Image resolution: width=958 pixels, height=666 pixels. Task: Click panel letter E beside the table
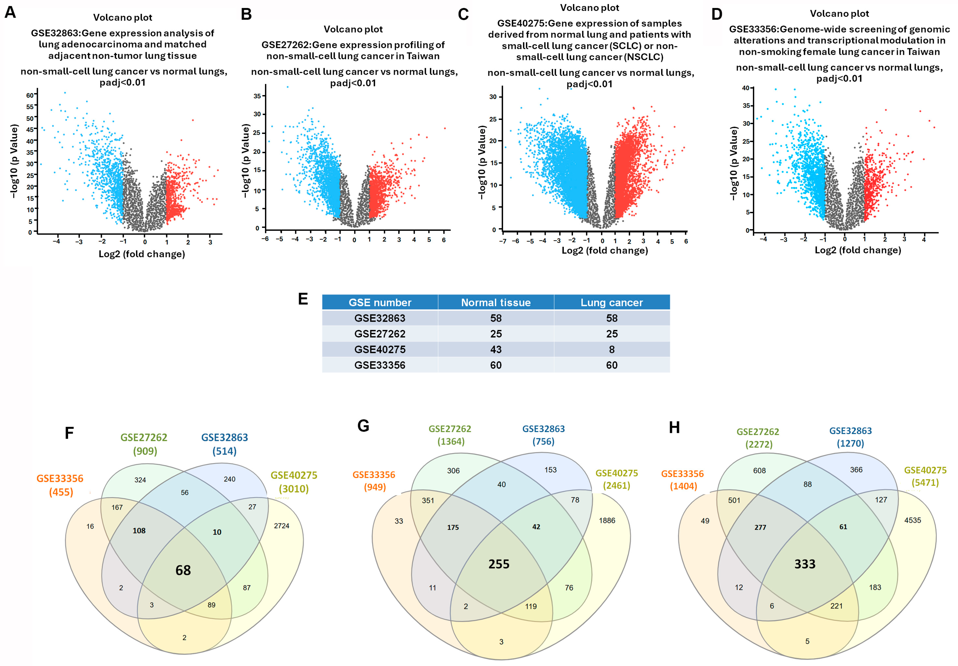pyautogui.click(x=303, y=299)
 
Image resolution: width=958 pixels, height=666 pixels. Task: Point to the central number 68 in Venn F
pyautogui.click(x=183, y=570)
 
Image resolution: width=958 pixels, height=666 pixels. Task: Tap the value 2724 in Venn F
pyautogui.click(x=281, y=526)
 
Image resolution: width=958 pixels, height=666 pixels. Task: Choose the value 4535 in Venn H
pyautogui.click(x=912, y=520)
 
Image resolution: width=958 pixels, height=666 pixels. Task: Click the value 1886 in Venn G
pyautogui.click(x=607, y=520)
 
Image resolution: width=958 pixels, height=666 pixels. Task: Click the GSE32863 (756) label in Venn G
pyautogui.click(x=544, y=435)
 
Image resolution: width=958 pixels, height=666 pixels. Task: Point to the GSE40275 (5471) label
pyautogui.click(x=925, y=476)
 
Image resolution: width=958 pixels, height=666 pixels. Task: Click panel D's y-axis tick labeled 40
pyautogui.click(x=746, y=88)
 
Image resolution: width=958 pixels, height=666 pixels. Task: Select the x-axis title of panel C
pyautogui.click(x=605, y=250)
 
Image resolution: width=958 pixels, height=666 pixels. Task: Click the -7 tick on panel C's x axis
pyautogui.click(x=503, y=241)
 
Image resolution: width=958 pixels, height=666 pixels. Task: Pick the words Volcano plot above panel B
pyautogui.click(x=353, y=29)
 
